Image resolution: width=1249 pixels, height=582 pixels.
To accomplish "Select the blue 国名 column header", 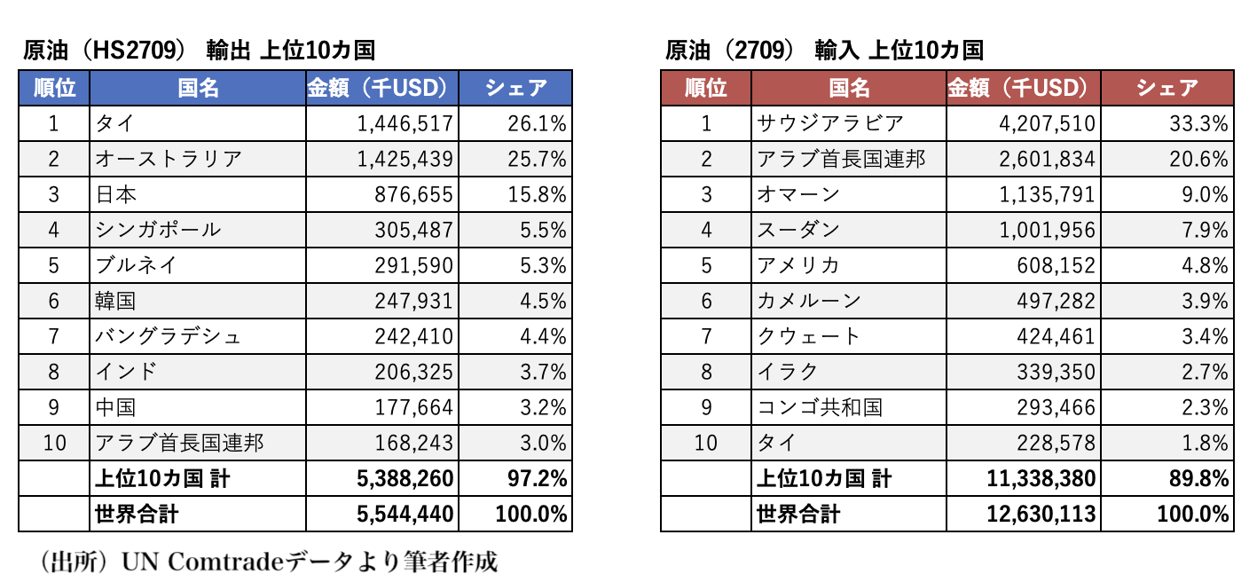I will (198, 88).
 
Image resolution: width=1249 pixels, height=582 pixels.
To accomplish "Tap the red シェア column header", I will (1167, 88).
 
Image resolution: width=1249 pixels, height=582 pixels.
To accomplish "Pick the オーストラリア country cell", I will (168, 159).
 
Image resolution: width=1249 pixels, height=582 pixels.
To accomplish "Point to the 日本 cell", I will (116, 194).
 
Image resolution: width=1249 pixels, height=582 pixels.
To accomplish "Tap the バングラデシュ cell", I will (168, 336).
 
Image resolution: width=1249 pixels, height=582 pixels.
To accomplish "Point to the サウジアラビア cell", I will (829, 123).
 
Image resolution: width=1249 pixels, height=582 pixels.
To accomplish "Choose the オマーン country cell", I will (797, 194).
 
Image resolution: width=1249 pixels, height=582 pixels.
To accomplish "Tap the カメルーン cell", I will (808, 301).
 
